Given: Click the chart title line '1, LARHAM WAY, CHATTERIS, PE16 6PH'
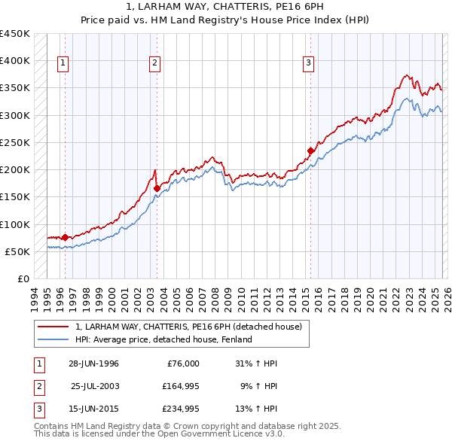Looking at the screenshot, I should point(226,8).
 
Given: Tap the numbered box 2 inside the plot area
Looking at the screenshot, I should point(154,64).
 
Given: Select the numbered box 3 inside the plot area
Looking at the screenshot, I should point(308,64).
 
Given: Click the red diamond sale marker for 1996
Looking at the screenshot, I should point(65,237).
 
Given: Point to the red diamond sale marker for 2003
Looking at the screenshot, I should point(157,189).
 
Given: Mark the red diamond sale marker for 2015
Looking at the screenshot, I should point(310,151).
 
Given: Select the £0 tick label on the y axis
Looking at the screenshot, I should point(23,278).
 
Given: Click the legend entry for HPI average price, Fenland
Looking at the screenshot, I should point(163,339).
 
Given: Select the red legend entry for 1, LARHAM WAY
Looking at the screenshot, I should point(188,327).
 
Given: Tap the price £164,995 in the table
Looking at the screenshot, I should point(181,386).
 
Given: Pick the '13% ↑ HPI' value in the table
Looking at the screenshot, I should point(256,409).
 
